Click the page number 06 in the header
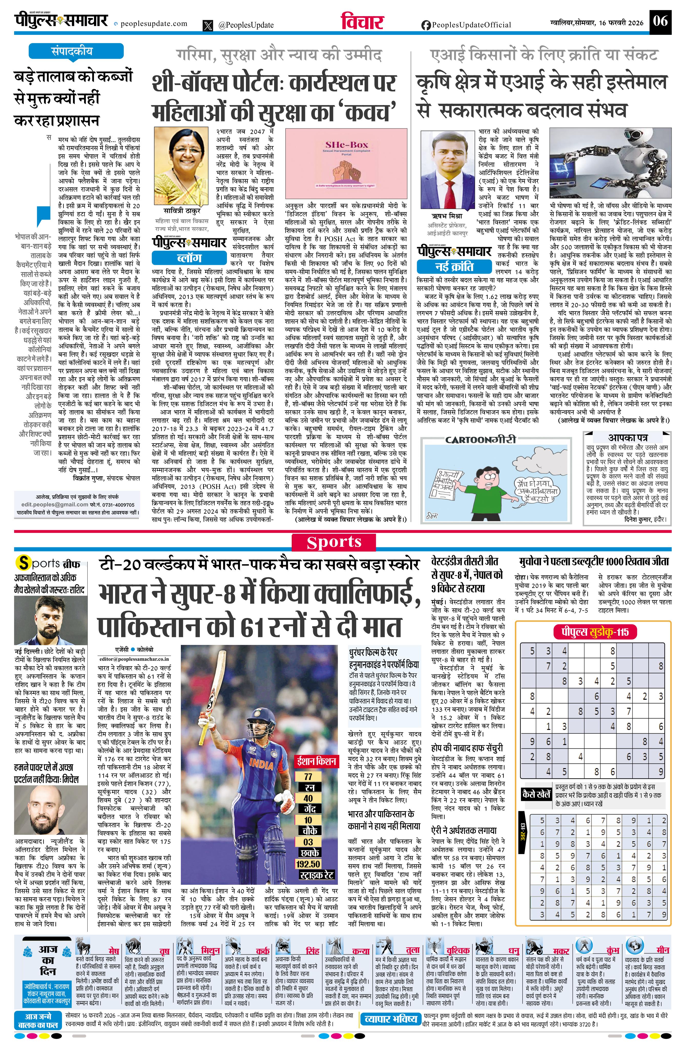pyautogui.click(x=660, y=21)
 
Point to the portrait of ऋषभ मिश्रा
pyautogui.click(x=447, y=170)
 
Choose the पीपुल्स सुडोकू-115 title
pyautogui.click(x=591, y=632)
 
